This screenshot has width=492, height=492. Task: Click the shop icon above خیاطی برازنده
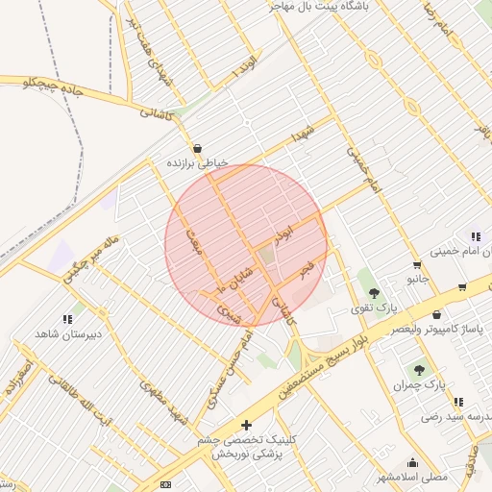pos(198,149)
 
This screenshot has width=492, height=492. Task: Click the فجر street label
pos(307,268)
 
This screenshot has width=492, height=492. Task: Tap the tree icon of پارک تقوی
pos(374,292)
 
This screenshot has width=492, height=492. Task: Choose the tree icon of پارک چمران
pos(418,368)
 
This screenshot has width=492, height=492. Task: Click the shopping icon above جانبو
pos(416,265)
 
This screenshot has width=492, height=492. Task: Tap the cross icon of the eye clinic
pos(247,424)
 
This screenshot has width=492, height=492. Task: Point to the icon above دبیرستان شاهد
pos(67,318)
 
